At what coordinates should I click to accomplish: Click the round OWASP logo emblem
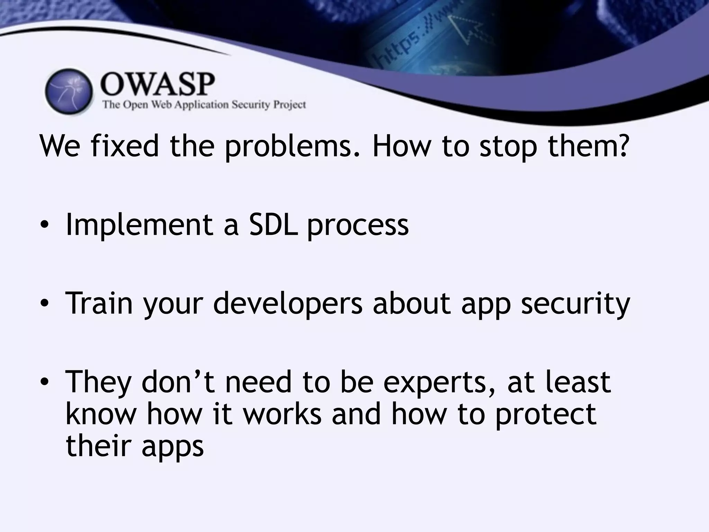(x=69, y=91)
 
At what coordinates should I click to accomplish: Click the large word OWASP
(x=158, y=85)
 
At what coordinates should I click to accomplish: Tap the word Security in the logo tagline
(x=251, y=105)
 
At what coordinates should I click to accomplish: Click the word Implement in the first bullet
(x=139, y=225)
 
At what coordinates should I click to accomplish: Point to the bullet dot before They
(x=44, y=382)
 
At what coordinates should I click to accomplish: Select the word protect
(x=546, y=415)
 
